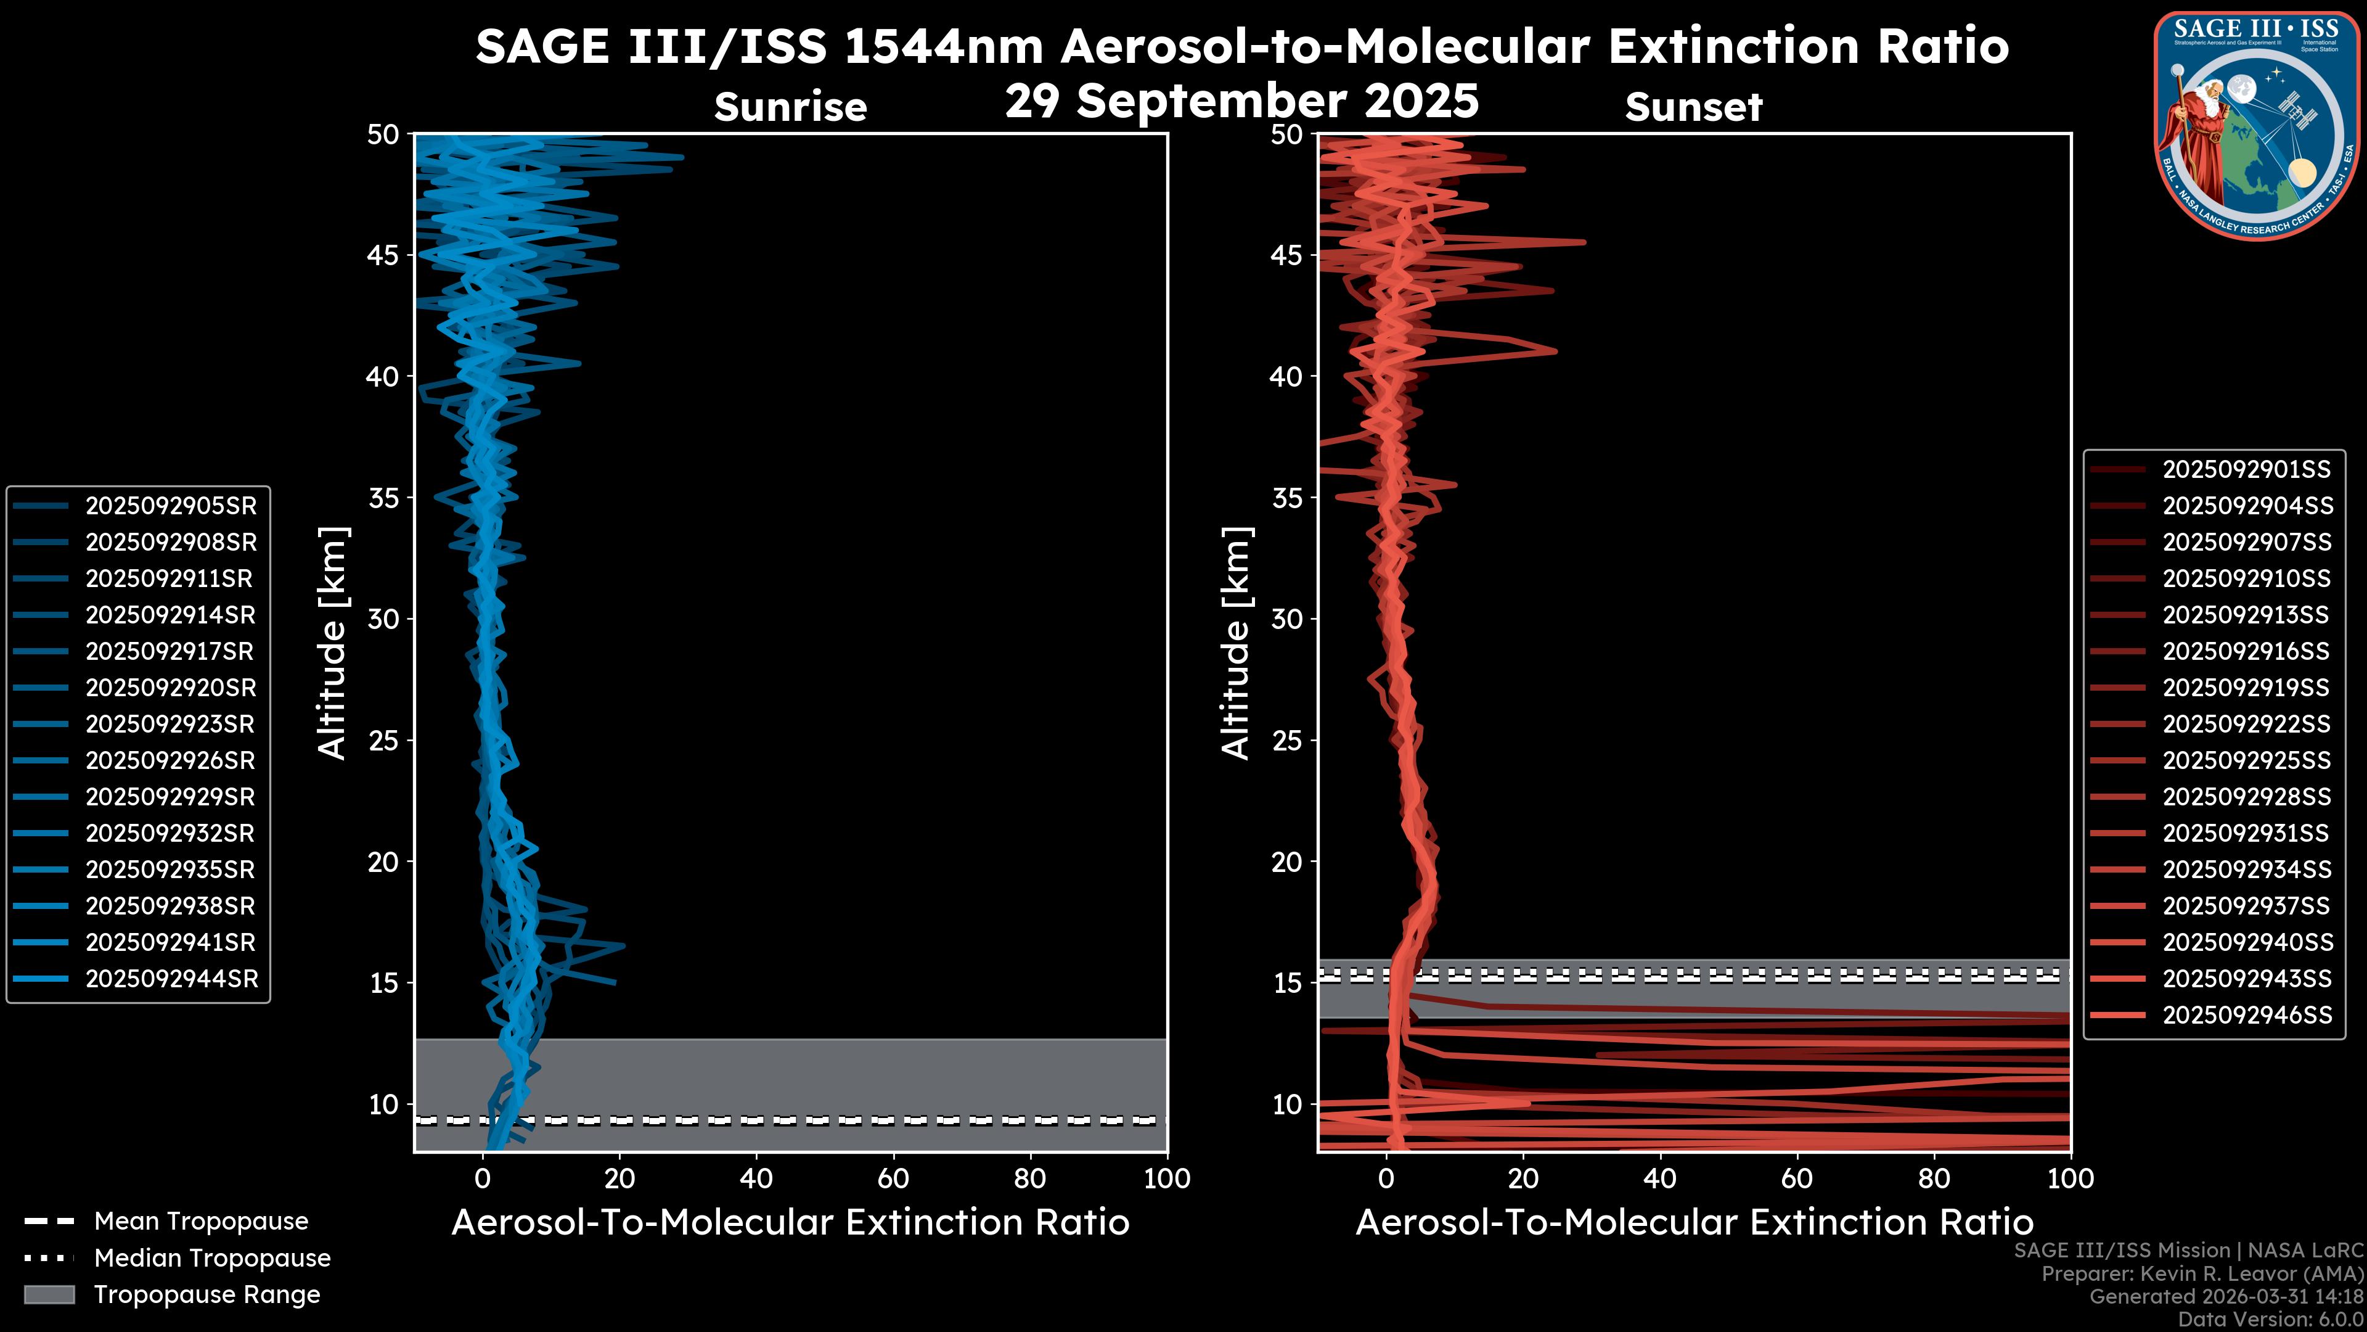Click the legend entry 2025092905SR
171,506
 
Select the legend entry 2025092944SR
171,979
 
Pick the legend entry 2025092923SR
170,725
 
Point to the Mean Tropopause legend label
201,1222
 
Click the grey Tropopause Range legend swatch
49,1294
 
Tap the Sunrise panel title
790,107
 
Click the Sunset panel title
1693,107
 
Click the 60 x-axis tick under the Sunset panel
1796,1178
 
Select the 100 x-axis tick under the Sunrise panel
1167,1178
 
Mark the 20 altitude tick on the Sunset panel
1286,862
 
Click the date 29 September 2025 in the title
1241,101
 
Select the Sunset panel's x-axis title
1693,1223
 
